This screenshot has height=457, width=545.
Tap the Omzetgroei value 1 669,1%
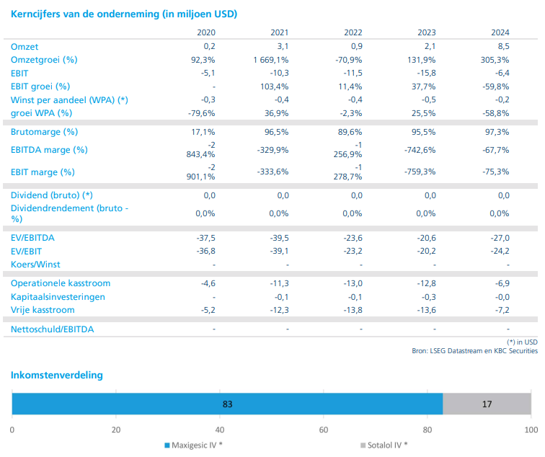271,60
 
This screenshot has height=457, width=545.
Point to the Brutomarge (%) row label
44,132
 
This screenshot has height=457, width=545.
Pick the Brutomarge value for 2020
205,132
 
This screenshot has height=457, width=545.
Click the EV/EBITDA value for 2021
278,238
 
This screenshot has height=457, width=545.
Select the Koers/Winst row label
37,264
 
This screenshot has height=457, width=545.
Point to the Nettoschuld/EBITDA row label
53,329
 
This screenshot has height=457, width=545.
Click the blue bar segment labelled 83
227,404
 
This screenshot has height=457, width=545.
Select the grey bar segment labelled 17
487,404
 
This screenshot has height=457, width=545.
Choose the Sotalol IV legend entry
384,445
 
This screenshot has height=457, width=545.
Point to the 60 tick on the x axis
324,430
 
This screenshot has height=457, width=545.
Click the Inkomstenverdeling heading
56,375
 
